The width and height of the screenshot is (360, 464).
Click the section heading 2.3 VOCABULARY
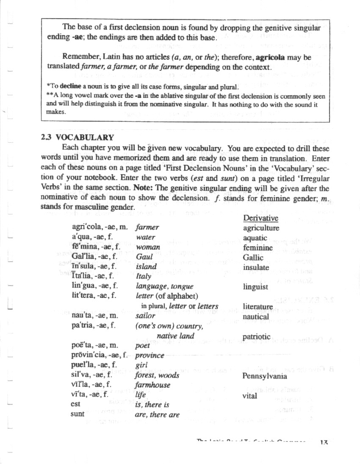coord(78,137)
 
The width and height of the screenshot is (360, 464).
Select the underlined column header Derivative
coord(260,218)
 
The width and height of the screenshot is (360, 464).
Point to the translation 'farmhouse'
coord(152,385)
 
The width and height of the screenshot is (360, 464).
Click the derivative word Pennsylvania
coord(264,376)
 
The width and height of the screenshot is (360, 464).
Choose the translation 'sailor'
coord(145,316)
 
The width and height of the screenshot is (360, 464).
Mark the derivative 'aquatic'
coord(255,238)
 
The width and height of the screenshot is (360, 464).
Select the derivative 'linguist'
coord(255,287)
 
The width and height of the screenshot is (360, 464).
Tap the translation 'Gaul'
coord(144,257)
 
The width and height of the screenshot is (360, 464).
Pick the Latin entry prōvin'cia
coord(89,356)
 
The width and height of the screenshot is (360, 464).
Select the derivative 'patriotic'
coord(257,337)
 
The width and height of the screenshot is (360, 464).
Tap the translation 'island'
coord(146,267)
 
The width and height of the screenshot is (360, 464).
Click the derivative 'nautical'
coord(256,317)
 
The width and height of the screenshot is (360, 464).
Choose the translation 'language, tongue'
coord(164,287)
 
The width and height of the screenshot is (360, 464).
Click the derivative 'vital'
coord(250,396)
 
